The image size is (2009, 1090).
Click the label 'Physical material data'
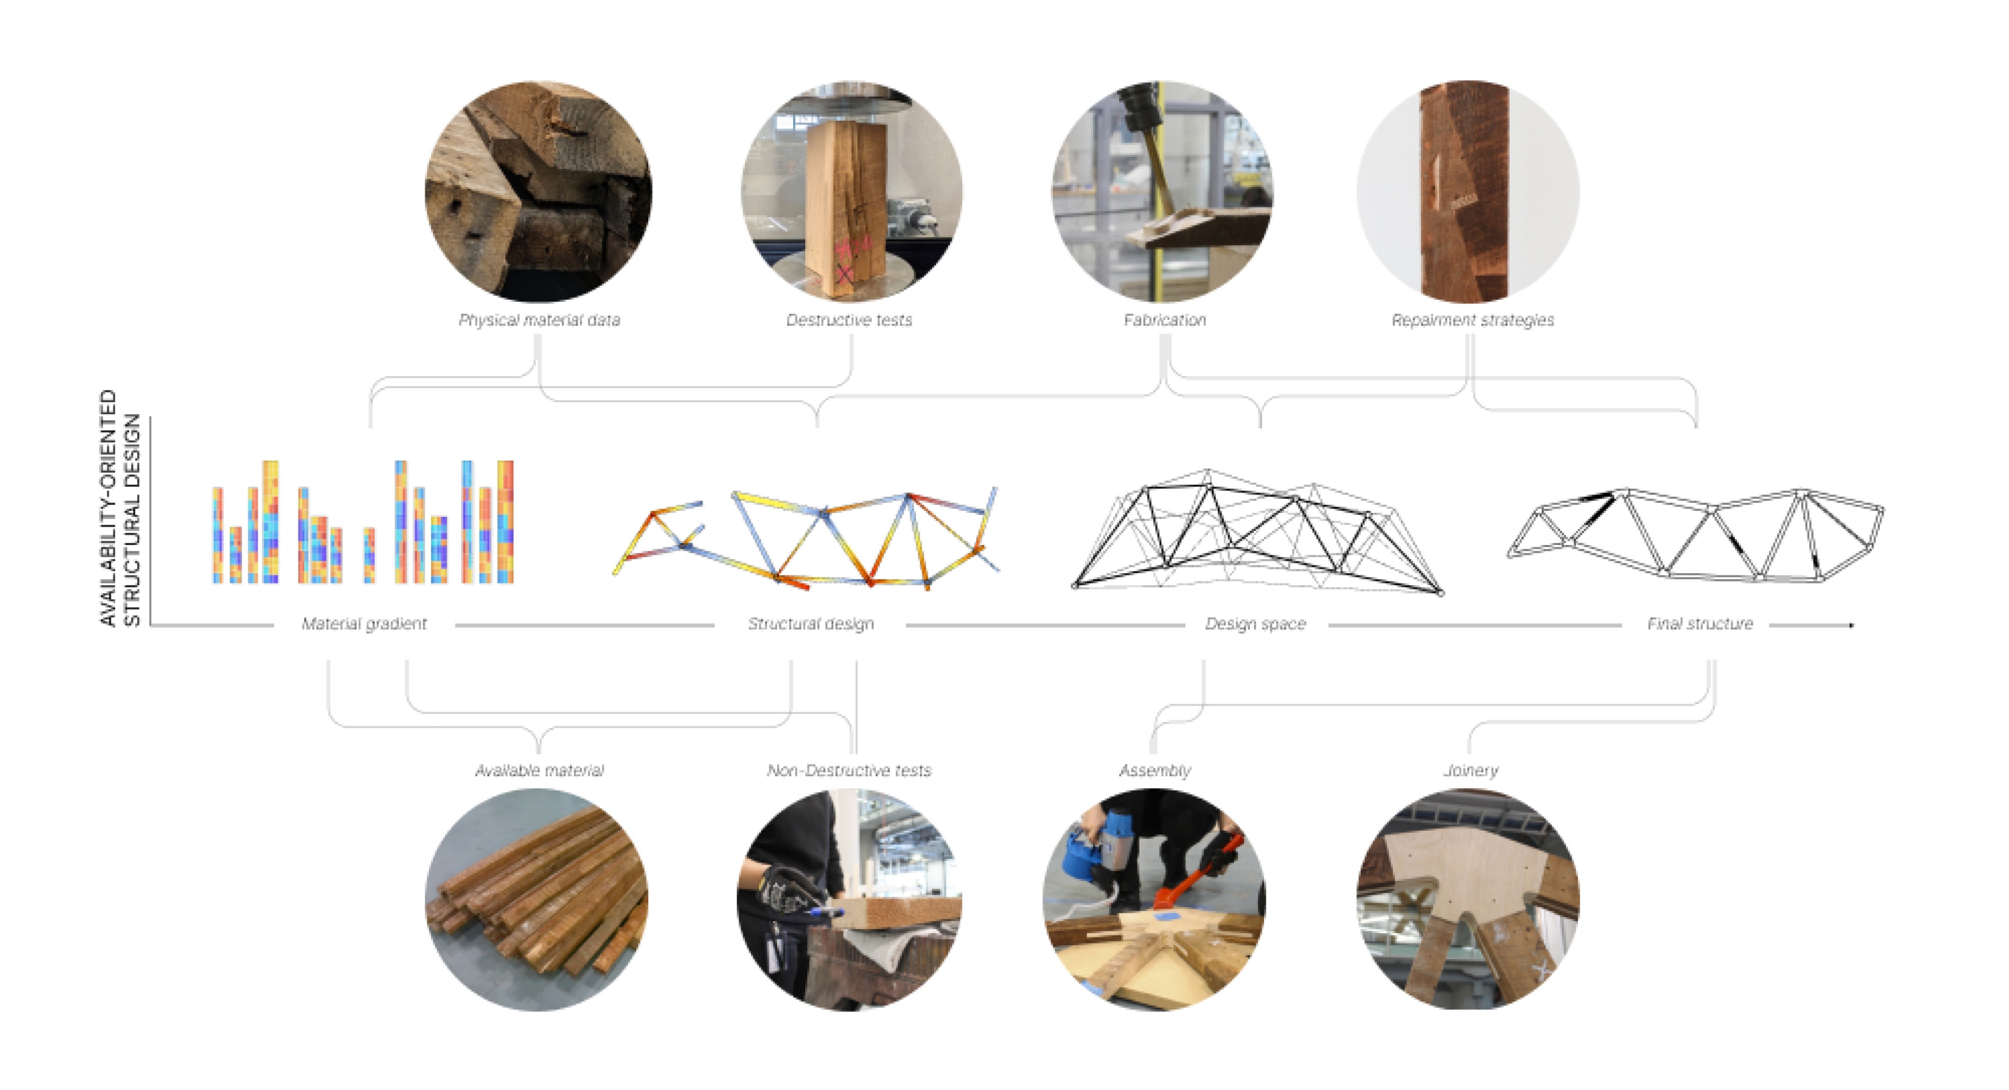[x=539, y=321]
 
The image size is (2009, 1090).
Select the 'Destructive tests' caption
[x=849, y=321]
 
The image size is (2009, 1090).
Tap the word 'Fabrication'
[x=1165, y=321]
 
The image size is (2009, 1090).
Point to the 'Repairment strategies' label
[x=1472, y=321]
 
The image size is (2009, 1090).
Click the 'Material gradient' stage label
[x=364, y=624]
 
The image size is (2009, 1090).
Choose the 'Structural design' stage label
[x=811, y=624]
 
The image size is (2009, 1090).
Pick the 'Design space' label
[x=1255, y=624]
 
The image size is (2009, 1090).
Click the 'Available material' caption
[x=539, y=770]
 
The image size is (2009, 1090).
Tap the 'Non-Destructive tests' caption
[x=849, y=770]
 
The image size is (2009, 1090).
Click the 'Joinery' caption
[x=1471, y=771]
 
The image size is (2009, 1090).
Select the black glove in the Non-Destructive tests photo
[x=788, y=889]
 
